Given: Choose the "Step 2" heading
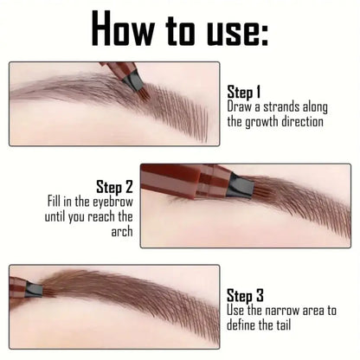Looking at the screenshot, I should pyautogui.click(x=116, y=185).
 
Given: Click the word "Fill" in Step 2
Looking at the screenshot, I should pyautogui.click(x=58, y=202).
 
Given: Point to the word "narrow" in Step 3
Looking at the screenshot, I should pyautogui.click(x=286, y=310).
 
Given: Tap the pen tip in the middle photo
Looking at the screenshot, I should pyautogui.click(x=238, y=185).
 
